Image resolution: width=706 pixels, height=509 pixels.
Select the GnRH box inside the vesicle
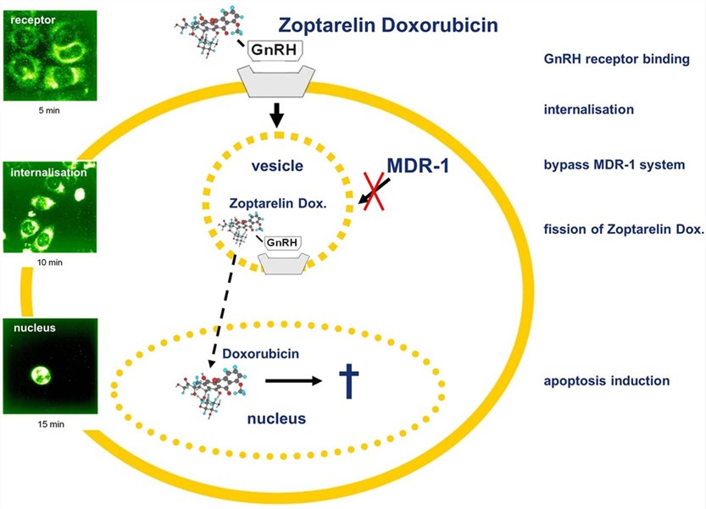282,243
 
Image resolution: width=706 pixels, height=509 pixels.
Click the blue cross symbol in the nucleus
348,381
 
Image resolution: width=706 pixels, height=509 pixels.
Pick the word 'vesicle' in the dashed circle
276,166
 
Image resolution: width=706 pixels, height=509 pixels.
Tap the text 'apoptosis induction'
606,381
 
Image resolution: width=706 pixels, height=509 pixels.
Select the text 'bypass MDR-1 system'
614,164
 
